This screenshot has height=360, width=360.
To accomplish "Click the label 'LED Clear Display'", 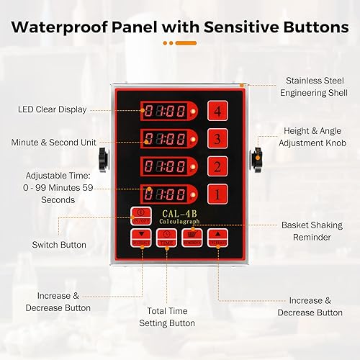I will (52, 109).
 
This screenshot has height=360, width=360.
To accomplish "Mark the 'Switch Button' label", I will (59, 245).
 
